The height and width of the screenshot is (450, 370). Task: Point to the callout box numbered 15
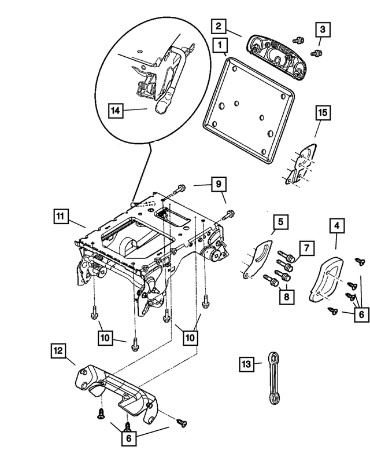[x=323, y=112]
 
